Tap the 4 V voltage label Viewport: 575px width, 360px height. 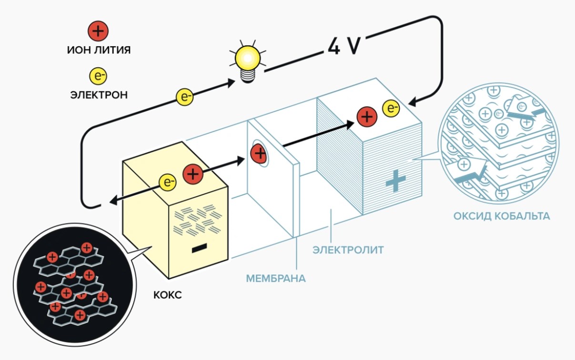pos(344,46)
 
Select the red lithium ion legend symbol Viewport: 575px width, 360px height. pos(98,31)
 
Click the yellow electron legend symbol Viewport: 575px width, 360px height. pos(98,76)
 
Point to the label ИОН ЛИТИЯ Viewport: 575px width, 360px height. pos(99,50)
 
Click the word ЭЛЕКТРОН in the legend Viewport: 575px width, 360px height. pos(99,95)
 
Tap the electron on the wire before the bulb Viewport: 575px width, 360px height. pos(185,97)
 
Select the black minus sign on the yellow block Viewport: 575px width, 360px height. pos(199,248)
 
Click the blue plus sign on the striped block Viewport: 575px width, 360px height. pos(395,180)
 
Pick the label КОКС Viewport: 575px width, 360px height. pos(168,295)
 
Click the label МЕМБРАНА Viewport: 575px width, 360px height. pos(276,279)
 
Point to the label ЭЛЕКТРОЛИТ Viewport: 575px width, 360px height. pos(348,250)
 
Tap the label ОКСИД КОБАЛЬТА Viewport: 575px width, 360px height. pos(502,216)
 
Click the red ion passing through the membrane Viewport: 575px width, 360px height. pos(259,154)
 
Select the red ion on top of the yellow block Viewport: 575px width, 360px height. pos(193,174)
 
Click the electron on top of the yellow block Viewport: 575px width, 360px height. pos(167,182)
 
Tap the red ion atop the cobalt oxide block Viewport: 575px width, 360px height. pos(367,117)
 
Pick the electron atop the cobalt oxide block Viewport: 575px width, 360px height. pos(391,108)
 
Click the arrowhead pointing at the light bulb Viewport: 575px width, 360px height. pos(231,83)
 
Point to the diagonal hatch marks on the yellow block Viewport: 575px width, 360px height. pos(198,220)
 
